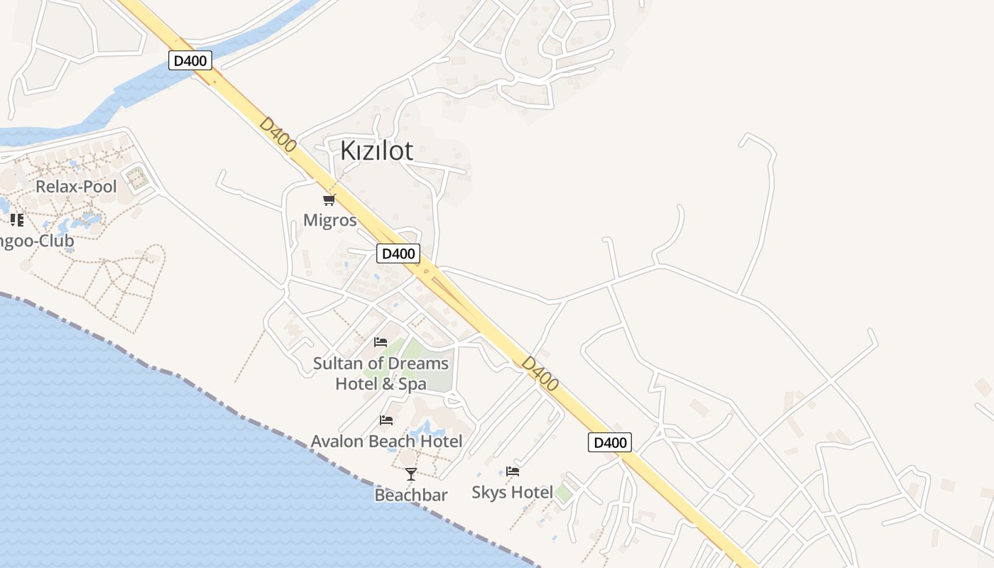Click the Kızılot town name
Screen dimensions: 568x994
[x=376, y=151]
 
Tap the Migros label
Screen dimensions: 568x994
[x=329, y=220]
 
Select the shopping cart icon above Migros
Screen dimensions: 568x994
[x=329, y=200]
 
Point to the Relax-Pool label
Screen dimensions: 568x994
[x=76, y=187]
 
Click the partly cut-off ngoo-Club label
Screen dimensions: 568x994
[x=37, y=241]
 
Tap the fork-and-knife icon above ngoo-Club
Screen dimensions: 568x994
[x=17, y=219]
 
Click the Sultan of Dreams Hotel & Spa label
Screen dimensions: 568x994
[x=381, y=373]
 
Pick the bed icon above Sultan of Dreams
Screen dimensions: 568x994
[x=381, y=342]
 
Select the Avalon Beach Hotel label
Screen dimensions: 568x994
[x=386, y=441]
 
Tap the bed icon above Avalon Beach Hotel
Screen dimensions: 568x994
[x=386, y=420]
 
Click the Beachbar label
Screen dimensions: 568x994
[x=411, y=495]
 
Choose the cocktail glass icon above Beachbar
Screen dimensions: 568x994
[x=411, y=474]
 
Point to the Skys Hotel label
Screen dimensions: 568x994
[x=512, y=492]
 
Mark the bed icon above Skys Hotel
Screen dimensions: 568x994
[x=513, y=471]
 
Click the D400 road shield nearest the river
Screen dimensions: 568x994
[x=190, y=60]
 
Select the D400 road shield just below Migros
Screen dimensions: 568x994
[x=398, y=253]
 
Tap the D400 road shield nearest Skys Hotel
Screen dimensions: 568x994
[x=610, y=442]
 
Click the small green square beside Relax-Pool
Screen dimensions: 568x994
[x=137, y=177]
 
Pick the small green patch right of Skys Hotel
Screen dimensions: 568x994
[x=564, y=493]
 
